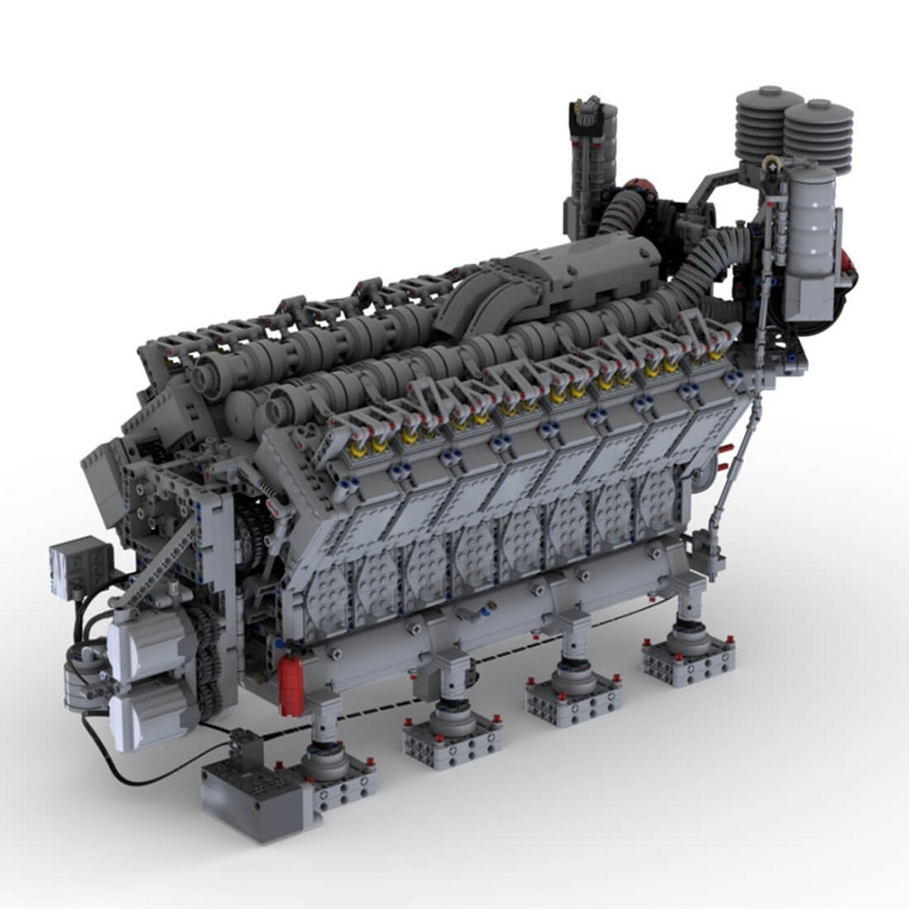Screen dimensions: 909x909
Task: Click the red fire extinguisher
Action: click(x=291, y=685)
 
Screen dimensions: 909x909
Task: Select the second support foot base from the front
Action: click(x=452, y=736)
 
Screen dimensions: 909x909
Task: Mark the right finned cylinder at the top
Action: click(x=818, y=136)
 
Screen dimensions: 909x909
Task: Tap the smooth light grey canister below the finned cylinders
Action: click(x=809, y=223)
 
